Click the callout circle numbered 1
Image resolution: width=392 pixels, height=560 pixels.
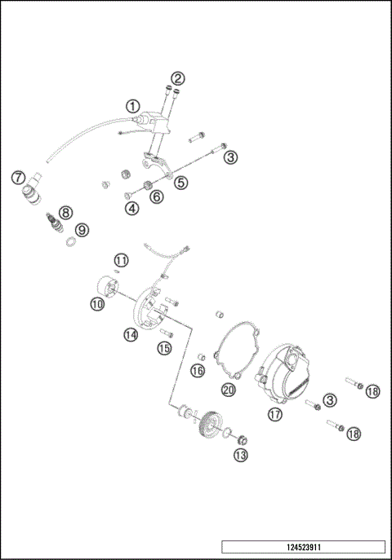point(132,106)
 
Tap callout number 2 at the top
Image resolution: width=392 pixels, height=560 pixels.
point(177,79)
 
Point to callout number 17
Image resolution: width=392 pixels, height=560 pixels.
point(275,414)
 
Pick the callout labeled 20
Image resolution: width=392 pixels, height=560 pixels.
point(229,390)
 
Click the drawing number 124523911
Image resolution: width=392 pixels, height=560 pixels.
point(302,546)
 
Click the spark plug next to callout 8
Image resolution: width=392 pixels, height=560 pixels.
point(55,222)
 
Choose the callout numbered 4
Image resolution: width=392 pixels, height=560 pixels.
point(131,208)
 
